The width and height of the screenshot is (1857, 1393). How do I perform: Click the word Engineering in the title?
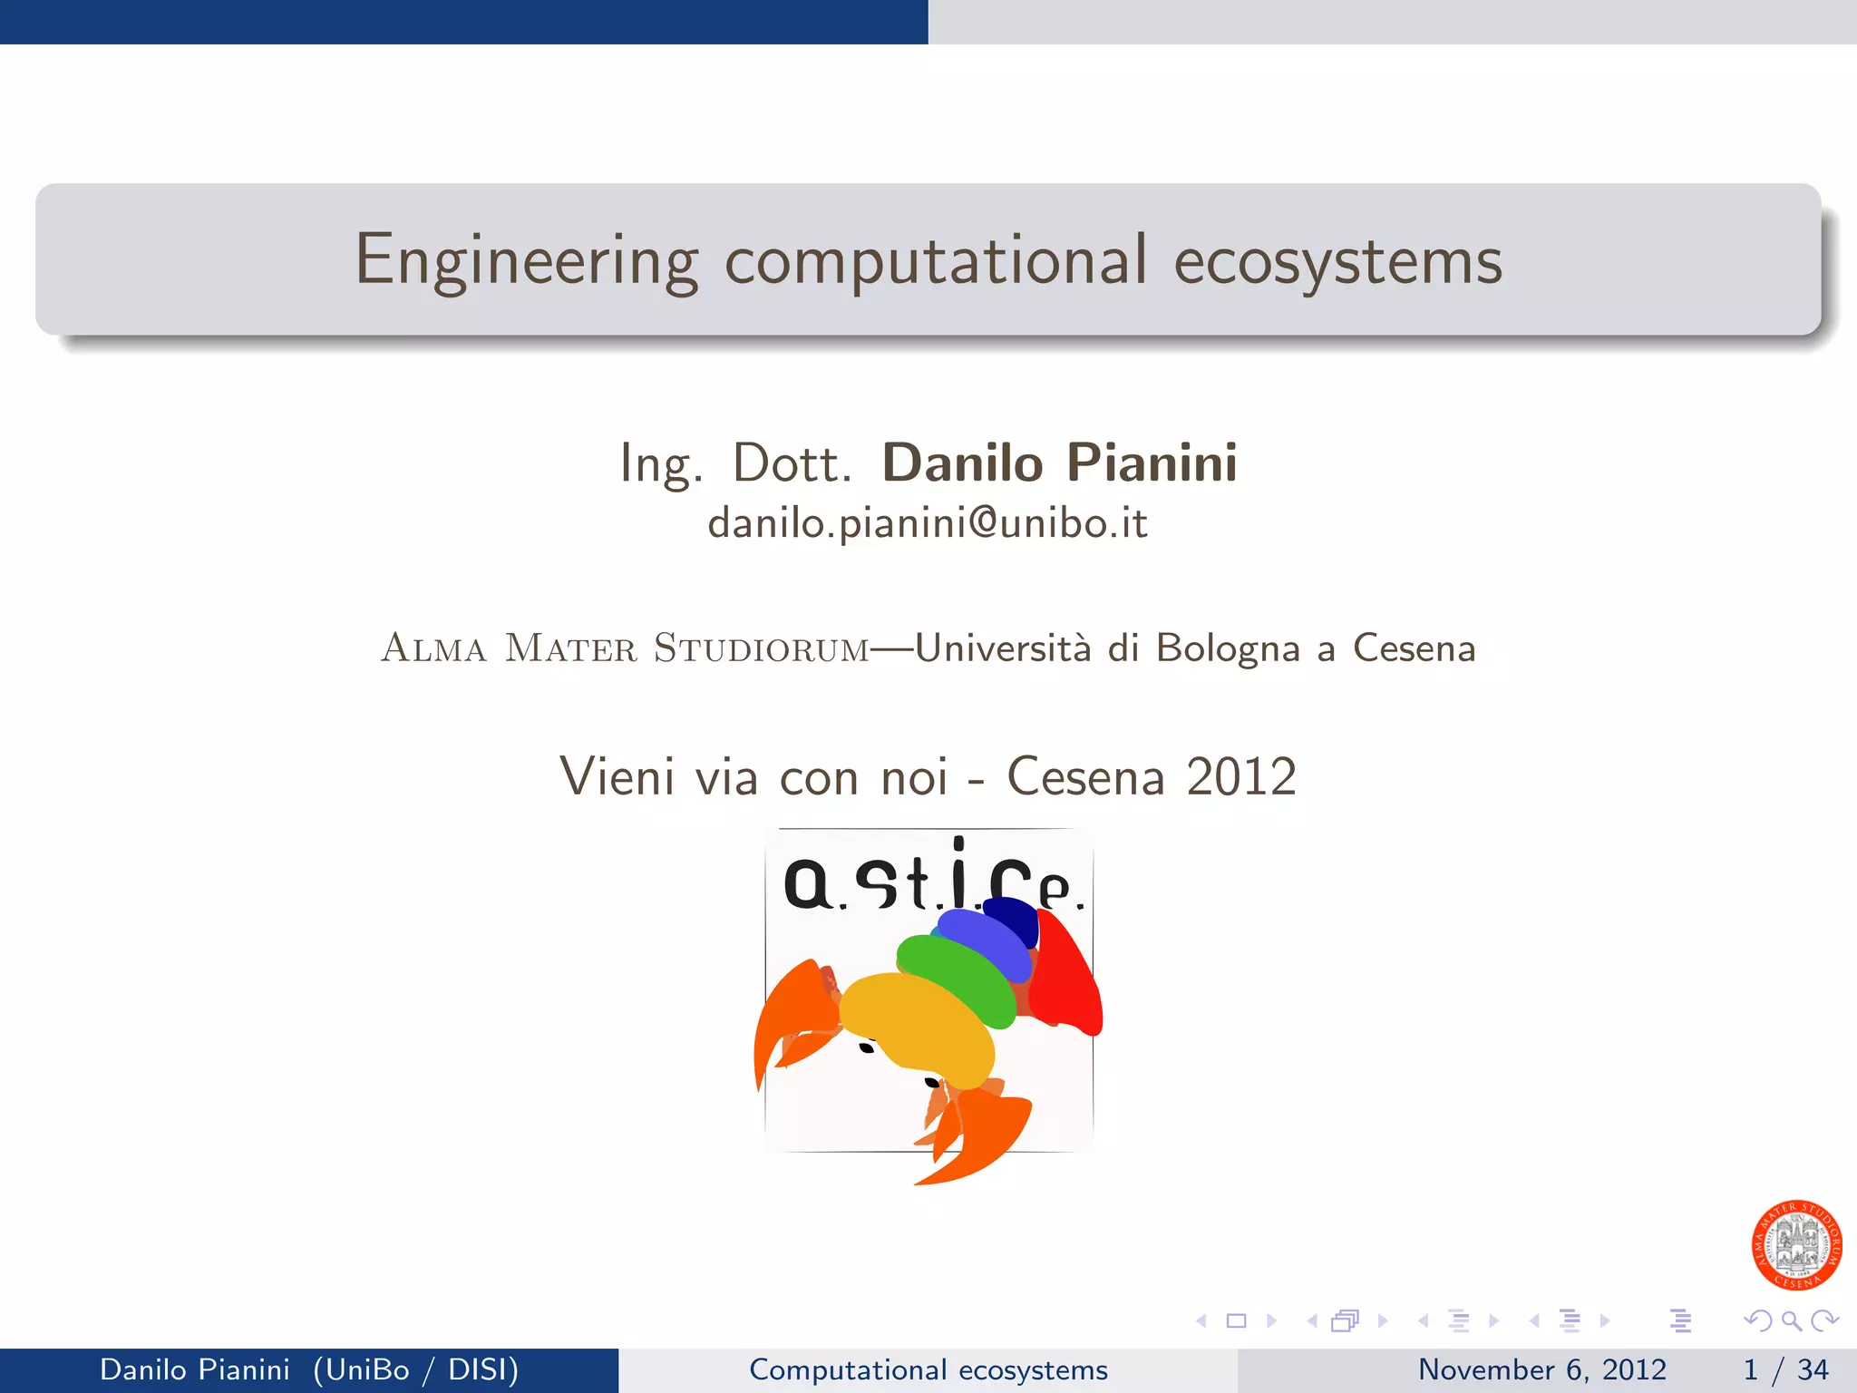526,260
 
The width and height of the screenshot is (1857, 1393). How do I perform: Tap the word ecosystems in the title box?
1337,260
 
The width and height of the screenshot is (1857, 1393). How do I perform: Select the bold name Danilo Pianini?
1059,463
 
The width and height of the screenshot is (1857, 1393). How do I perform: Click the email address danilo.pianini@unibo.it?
928,523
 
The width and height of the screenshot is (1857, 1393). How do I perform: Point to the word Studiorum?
762,648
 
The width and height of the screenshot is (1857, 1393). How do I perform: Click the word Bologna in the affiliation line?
1228,648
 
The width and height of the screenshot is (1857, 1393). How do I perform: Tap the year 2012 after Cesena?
1241,777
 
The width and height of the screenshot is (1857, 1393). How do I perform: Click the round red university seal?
1796,1244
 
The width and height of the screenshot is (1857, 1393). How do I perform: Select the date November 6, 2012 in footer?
1541,1369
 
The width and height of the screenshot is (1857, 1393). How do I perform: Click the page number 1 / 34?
1785,1369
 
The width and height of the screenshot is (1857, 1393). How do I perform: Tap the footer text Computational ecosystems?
928,1369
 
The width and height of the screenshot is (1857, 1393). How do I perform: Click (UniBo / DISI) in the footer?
416,1369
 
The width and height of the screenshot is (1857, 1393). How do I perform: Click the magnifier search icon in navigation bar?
1791,1320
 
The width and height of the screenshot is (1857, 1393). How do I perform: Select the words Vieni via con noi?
753,777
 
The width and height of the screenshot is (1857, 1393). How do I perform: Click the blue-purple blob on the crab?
984,939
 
